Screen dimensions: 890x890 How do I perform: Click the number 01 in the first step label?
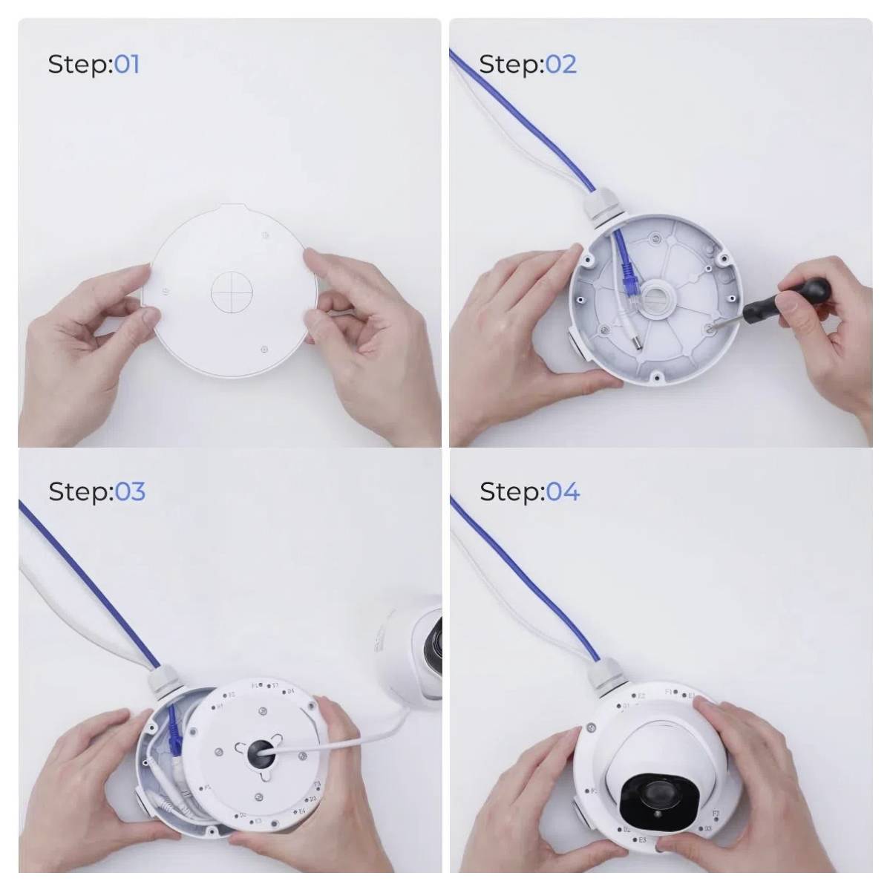pyautogui.click(x=126, y=64)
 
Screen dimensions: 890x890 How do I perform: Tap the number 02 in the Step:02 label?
pyautogui.click(x=561, y=64)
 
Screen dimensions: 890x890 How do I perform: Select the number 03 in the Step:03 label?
pyautogui.click(x=129, y=491)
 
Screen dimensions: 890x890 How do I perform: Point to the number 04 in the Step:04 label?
pyautogui.click(x=563, y=491)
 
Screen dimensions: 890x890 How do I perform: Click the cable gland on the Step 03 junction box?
pyautogui.click(x=162, y=681)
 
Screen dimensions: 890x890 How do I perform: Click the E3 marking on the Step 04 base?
pyautogui.click(x=642, y=840)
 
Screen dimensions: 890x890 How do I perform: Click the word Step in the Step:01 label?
pyautogui.click(x=79, y=65)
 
